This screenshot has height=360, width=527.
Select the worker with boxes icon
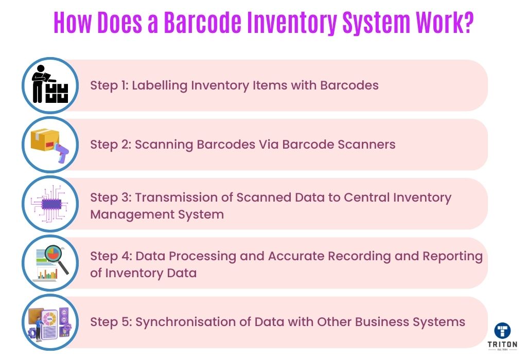50,84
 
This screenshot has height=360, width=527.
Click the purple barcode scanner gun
62,152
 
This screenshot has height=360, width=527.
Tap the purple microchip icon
50,204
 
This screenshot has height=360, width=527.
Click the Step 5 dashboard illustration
50,322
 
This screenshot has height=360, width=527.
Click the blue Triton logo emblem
502,330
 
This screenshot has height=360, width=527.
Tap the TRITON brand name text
502,344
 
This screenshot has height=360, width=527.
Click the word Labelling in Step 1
160,86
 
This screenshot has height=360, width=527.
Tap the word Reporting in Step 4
452,257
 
